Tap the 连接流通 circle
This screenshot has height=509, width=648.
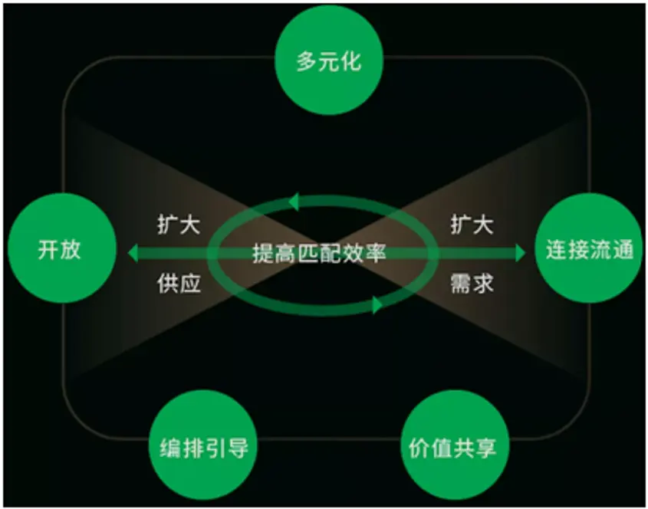pos(590,250)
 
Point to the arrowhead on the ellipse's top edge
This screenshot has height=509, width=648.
pos(292,202)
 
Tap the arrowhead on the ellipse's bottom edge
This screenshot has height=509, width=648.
pos(377,306)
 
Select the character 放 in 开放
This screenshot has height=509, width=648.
pos(70,250)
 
